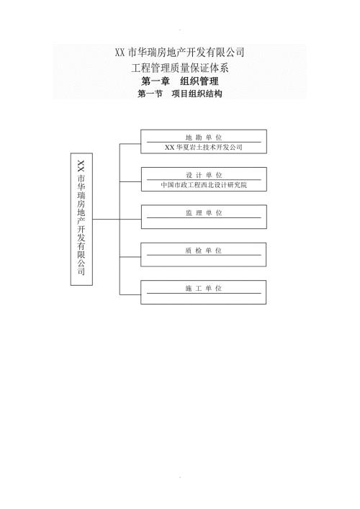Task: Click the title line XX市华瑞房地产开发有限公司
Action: click(x=179, y=53)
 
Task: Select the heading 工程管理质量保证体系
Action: click(x=180, y=68)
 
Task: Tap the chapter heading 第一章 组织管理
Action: click(x=180, y=81)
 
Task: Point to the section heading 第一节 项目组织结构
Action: click(x=180, y=94)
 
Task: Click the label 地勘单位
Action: click(x=204, y=138)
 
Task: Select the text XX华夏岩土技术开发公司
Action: click(x=204, y=147)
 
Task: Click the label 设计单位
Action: click(x=204, y=175)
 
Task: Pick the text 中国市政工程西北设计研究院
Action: click(x=204, y=185)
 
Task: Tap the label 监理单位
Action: click(x=204, y=212)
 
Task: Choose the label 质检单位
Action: click(x=204, y=251)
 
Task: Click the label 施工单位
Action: click(x=204, y=288)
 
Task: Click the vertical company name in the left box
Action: click(x=81, y=217)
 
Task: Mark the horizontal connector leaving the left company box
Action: click(x=106, y=219)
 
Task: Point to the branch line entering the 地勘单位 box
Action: click(x=130, y=144)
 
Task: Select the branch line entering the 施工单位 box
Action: click(x=130, y=294)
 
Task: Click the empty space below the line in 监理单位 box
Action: click(x=204, y=223)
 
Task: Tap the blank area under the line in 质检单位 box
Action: click(x=204, y=261)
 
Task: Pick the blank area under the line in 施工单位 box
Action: click(x=204, y=298)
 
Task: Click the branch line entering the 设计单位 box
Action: click(x=130, y=181)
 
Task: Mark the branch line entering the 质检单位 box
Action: click(x=130, y=257)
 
